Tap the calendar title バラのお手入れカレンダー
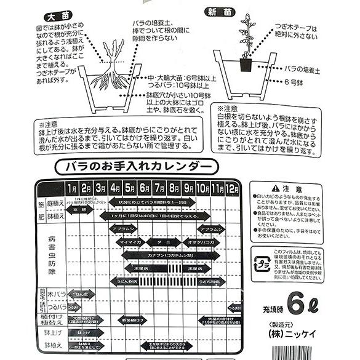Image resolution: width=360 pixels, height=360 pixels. [x=133, y=166]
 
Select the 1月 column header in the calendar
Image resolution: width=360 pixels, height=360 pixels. [x=73, y=187]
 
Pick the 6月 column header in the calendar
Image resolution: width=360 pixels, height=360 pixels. [x=145, y=187]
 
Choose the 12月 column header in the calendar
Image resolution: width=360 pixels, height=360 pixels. [x=233, y=187]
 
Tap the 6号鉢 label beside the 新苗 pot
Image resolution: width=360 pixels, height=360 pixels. [x=294, y=81]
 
